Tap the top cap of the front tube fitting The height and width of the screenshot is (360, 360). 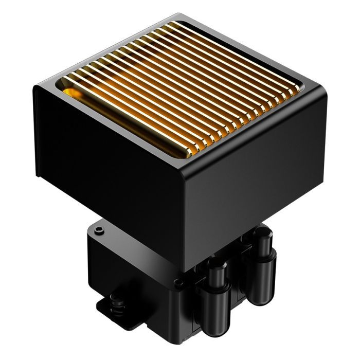point(218,265)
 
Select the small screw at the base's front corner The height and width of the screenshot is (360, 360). point(177,282)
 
